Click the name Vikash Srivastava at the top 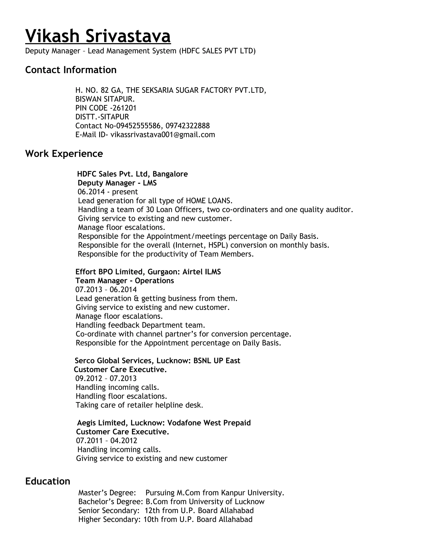coord(98,36)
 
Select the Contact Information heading coord(71,70)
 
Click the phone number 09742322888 coord(188,126)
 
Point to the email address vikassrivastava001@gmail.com coord(163,135)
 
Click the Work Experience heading coord(64,154)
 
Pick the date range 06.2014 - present coord(108,192)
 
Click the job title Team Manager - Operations coord(125,281)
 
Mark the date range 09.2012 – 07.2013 coord(106,379)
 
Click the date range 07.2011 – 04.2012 coord(107,441)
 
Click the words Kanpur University coord(252,493)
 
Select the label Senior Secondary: coord(109,511)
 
